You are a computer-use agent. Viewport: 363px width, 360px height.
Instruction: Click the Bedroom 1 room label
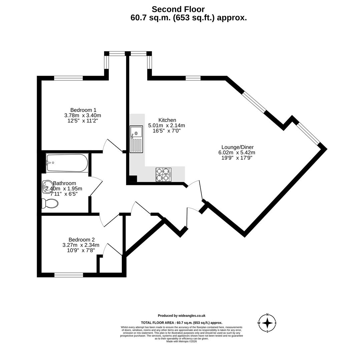[83, 110]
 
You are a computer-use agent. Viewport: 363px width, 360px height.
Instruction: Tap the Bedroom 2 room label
[81, 240]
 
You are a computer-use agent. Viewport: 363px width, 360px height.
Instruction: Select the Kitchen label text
[167, 120]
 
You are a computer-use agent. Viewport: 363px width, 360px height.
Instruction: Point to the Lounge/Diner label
[237, 147]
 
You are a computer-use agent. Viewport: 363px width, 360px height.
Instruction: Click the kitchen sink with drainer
[136, 139]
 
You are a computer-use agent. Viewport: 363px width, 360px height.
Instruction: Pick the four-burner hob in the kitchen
[163, 175]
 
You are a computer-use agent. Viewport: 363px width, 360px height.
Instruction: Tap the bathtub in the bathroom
[67, 163]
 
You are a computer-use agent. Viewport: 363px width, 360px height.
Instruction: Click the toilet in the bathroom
[50, 203]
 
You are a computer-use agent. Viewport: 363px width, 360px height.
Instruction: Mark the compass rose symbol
[267, 323]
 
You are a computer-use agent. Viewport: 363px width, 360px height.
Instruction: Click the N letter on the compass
[267, 315]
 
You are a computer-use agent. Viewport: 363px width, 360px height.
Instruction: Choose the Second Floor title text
[178, 9]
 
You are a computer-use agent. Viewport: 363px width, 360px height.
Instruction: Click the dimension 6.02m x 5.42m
[237, 152]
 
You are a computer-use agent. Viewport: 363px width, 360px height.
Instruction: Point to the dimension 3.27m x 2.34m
[81, 245]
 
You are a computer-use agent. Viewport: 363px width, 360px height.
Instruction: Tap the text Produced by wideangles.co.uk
[181, 316]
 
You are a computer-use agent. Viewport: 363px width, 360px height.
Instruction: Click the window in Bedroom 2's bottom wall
[69, 275]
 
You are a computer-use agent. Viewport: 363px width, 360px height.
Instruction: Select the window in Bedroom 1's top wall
[68, 78]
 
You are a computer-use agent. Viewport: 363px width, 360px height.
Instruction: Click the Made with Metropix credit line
[181, 341]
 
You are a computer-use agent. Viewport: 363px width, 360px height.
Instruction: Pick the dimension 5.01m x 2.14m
[166, 125]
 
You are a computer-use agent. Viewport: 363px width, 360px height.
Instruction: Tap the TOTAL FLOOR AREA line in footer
[181, 323]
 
